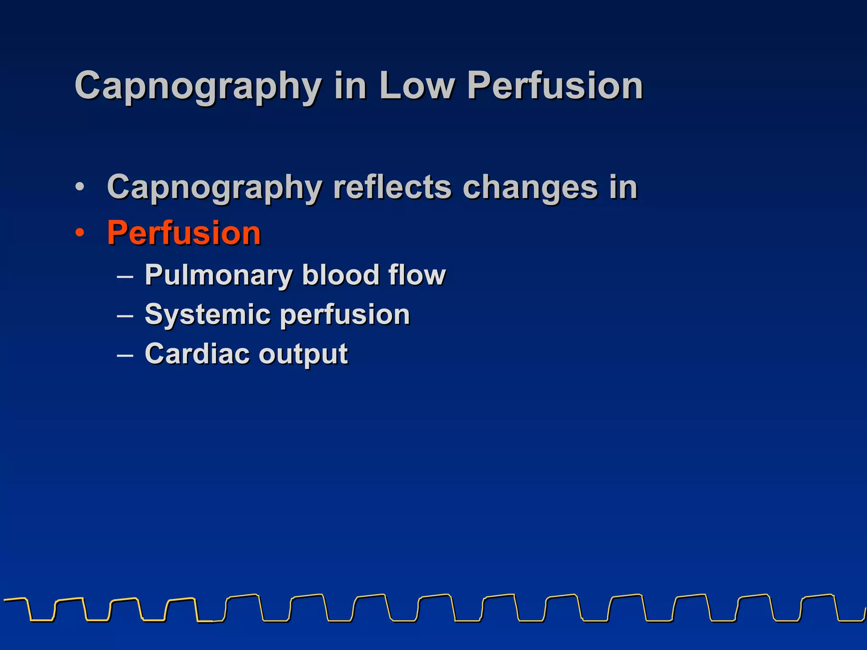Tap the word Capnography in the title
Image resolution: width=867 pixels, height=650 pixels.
click(x=198, y=87)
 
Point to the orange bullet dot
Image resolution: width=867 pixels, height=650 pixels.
click(x=80, y=233)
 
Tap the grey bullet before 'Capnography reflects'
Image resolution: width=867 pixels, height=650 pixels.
click(x=80, y=187)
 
